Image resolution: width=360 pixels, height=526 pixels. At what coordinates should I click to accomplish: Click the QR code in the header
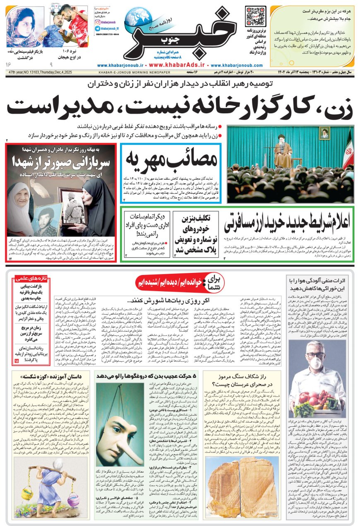click(x=255, y=16)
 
